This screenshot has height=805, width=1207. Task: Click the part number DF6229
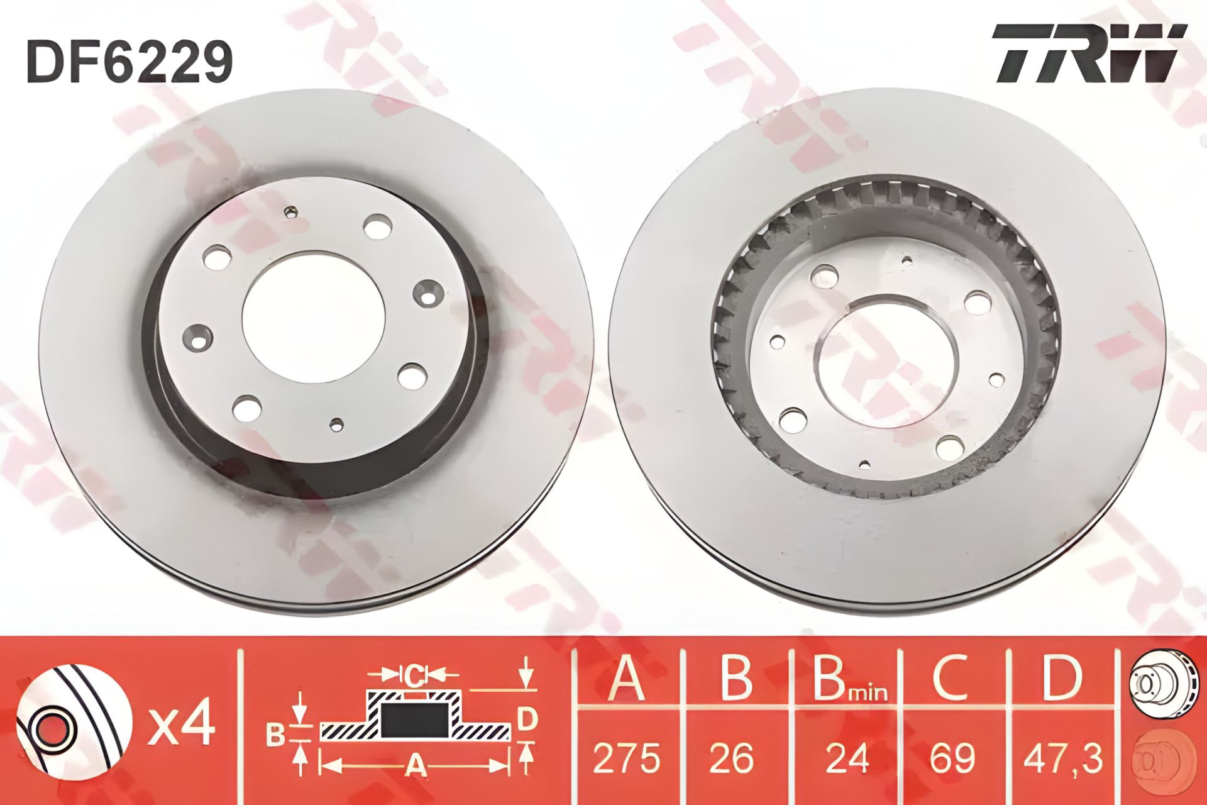pos(130,61)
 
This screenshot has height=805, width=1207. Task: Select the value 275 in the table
pos(627,757)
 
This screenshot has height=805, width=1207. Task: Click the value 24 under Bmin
pos(848,757)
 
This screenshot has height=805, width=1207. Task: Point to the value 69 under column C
pos(952,757)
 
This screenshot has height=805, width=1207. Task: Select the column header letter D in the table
pos(1061,679)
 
